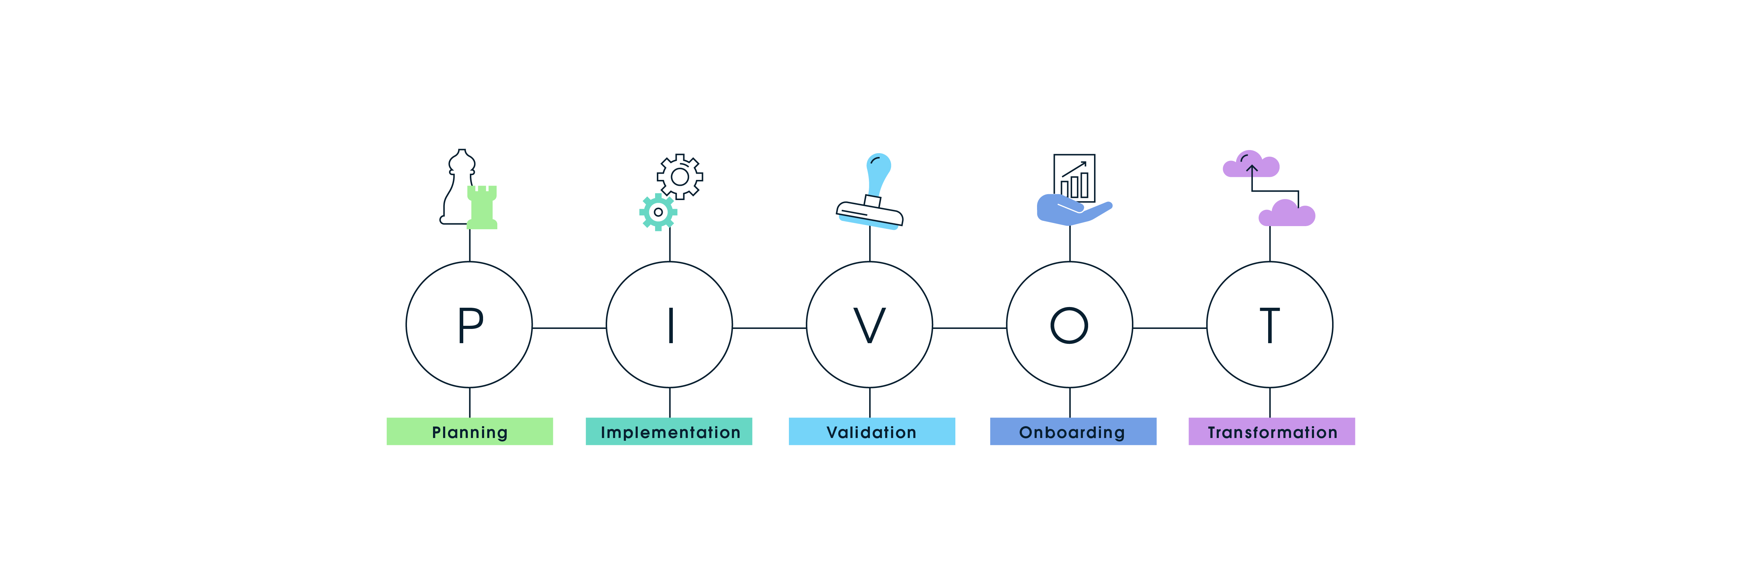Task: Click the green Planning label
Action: click(x=470, y=431)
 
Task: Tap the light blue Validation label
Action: click(x=872, y=431)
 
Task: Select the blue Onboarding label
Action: click(x=1073, y=431)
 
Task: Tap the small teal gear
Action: click(x=658, y=212)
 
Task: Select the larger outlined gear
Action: click(x=680, y=176)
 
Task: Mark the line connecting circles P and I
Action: click(x=569, y=328)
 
